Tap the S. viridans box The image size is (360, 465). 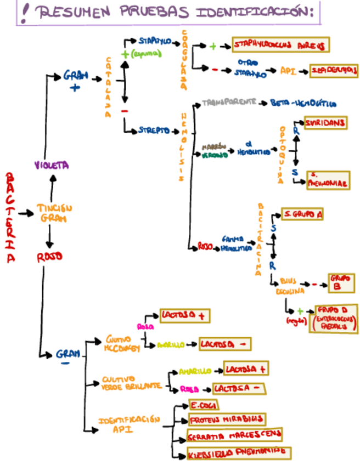click(325, 123)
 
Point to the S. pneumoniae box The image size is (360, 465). click(328, 180)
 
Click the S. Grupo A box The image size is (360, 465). click(301, 214)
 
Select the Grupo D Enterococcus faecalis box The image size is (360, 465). click(335, 319)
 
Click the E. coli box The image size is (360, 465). click(203, 405)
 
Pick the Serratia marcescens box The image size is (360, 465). click(234, 435)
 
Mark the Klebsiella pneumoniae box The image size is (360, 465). click(238, 452)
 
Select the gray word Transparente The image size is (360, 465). click(229, 103)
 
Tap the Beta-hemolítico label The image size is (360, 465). click(303, 103)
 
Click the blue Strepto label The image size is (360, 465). click(154, 131)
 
